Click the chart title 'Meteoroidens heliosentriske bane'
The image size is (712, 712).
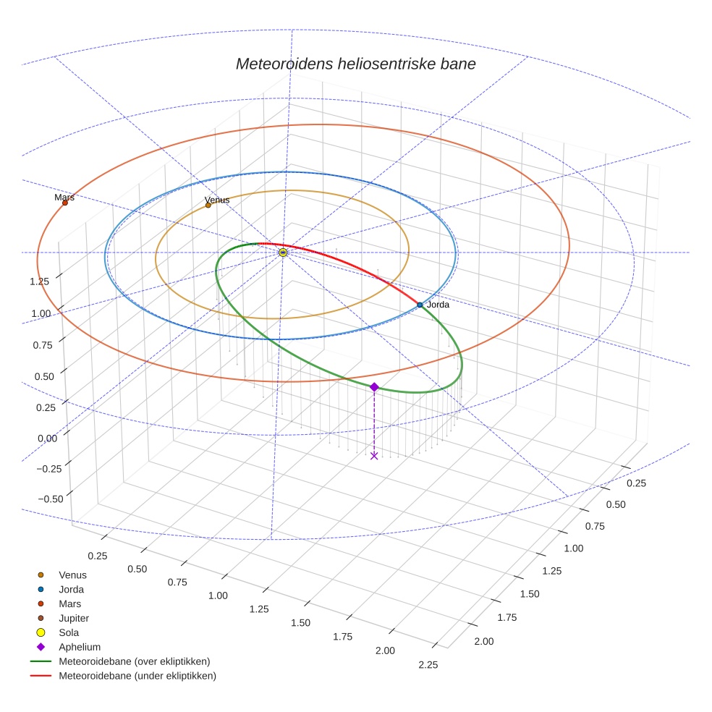tap(355, 64)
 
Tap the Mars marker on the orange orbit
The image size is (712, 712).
tap(65, 203)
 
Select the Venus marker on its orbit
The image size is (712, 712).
tap(208, 205)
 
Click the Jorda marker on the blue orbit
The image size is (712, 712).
tap(420, 305)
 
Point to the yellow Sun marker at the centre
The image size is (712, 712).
tap(283, 253)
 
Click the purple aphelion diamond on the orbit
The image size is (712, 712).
tap(374, 387)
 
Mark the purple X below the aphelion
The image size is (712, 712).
tap(374, 455)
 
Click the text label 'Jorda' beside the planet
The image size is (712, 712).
tap(438, 305)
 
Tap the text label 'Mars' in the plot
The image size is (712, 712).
tap(64, 197)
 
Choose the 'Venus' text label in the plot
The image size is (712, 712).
tap(217, 200)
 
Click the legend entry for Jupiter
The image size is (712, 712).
tap(73, 618)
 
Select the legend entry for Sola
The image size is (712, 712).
tap(69, 632)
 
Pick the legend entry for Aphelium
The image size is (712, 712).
tap(79, 647)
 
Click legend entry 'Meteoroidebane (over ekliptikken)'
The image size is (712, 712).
tap(134, 661)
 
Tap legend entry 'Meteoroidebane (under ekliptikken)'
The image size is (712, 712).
tap(137, 676)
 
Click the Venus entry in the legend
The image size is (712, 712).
tap(72, 575)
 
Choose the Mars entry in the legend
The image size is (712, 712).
tap(69, 603)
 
